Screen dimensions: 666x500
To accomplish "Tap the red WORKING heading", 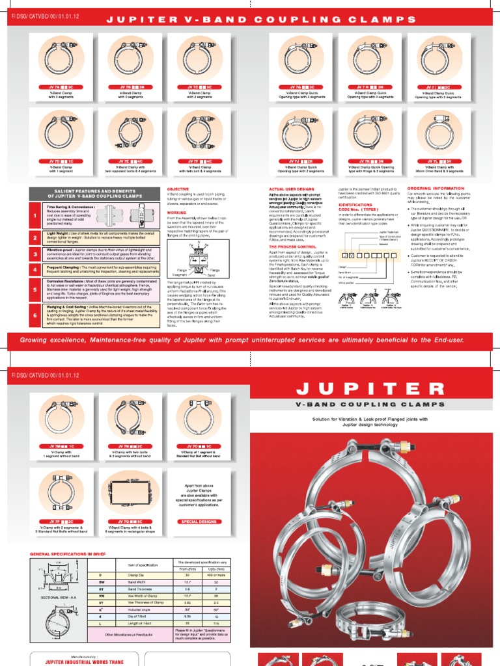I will coord(176,211).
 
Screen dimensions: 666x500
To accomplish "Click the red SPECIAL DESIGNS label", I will coord(198,521).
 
